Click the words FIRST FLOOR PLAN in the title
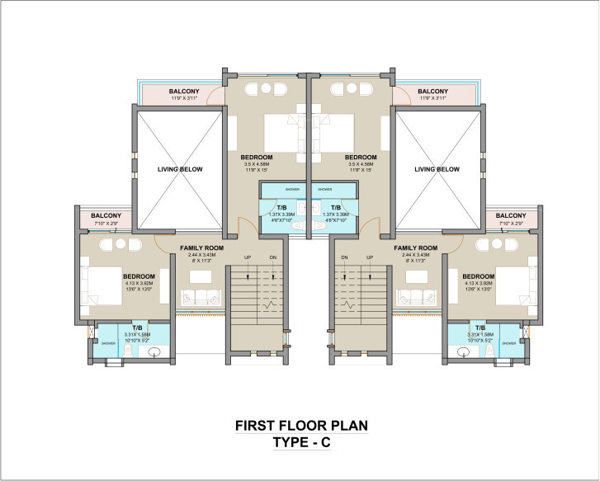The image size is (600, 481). (x=300, y=426)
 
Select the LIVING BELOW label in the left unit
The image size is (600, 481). (x=180, y=169)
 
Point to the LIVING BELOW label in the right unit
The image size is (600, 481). (x=437, y=169)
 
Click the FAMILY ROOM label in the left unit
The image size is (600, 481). (x=201, y=248)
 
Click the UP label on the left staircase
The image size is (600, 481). (x=247, y=258)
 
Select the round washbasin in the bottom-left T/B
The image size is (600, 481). (x=154, y=353)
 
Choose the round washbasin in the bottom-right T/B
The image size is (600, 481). (x=461, y=353)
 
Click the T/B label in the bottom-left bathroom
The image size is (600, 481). (x=137, y=328)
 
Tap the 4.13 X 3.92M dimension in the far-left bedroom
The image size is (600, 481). (x=139, y=284)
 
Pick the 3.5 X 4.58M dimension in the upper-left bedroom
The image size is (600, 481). (x=257, y=164)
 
